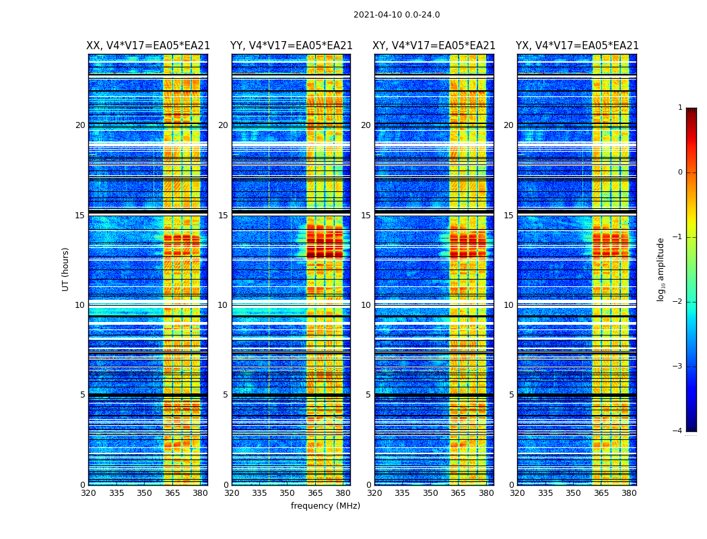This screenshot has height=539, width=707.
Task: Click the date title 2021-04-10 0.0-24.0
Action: [x=397, y=15]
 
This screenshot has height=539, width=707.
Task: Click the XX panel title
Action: [x=148, y=46]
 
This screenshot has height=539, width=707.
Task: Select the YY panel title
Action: [x=291, y=46]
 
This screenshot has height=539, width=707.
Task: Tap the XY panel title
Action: [x=434, y=46]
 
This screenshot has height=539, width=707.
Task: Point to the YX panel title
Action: [x=577, y=46]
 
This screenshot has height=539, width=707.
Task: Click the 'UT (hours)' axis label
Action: [x=66, y=269]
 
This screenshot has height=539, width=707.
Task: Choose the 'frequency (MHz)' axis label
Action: [x=325, y=506]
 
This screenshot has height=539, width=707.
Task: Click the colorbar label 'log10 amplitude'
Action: [x=661, y=269]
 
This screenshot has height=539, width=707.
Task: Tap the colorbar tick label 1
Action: [x=680, y=108]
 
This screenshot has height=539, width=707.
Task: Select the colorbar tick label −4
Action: [x=679, y=431]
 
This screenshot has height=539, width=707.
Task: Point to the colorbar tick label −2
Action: [x=679, y=302]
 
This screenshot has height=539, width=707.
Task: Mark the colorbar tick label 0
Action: [x=680, y=172]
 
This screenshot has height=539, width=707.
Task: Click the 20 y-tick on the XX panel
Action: [x=80, y=125]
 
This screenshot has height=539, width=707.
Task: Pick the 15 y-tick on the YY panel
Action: [x=223, y=216]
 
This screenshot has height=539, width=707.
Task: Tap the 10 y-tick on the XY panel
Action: [x=366, y=305]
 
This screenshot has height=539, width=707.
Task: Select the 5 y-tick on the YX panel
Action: [x=511, y=395]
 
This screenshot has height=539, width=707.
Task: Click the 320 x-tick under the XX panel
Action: [x=88, y=493]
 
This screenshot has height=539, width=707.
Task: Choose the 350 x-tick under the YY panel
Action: [x=288, y=493]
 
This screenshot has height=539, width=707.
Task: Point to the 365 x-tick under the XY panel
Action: [x=458, y=493]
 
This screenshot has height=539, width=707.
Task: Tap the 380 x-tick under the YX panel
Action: [x=629, y=493]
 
